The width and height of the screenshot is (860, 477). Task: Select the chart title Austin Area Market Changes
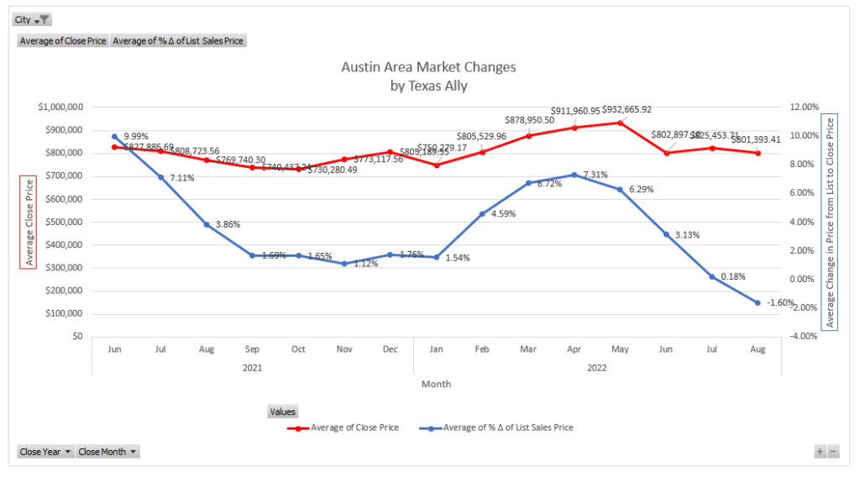tap(428, 67)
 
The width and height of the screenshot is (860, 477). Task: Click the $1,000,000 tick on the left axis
tap(60, 107)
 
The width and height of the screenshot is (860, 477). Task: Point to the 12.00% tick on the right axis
tap(804, 107)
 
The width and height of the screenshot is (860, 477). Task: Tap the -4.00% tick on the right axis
tap(804, 336)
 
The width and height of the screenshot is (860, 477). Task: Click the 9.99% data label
tap(136, 136)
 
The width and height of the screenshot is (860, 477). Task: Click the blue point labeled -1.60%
tap(758, 302)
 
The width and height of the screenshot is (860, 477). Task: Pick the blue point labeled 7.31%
tap(574, 175)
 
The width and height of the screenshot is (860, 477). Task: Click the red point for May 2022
tap(620, 123)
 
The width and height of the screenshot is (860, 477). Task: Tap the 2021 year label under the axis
tap(252, 367)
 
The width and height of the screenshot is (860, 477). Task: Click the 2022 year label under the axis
tap(597, 367)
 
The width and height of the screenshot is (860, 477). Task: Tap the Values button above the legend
tap(282, 411)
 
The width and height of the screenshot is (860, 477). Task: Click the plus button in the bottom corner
tap(820, 452)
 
